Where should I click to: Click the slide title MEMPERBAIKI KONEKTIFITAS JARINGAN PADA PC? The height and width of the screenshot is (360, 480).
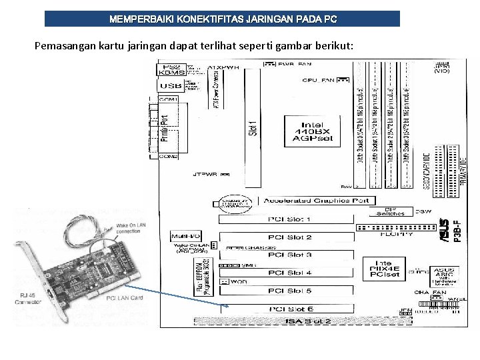point(223,19)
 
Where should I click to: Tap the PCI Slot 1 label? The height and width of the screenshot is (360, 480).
point(289,219)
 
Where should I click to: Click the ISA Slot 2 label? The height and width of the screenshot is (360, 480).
point(309,321)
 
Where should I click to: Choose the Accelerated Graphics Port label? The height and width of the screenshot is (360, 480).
point(316,201)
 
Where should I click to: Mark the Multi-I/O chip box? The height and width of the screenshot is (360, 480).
point(185,236)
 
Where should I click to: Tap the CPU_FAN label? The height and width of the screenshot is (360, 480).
point(318,80)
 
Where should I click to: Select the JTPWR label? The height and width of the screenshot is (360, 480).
point(205,175)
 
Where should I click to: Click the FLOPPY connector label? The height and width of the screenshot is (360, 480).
point(396,234)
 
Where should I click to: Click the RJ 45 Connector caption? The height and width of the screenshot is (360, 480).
point(27,299)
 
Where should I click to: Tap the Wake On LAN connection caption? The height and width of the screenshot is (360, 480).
point(128,229)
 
